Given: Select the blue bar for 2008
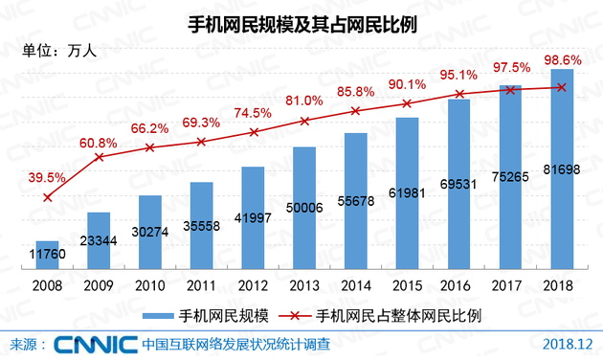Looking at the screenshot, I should (x=47, y=254).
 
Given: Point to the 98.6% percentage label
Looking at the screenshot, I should (x=560, y=59).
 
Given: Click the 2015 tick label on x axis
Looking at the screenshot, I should (x=408, y=285).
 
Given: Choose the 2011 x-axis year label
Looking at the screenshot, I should (x=202, y=285).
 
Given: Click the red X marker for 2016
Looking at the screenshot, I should (x=459, y=94).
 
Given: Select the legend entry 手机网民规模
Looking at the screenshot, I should (x=205, y=314).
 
